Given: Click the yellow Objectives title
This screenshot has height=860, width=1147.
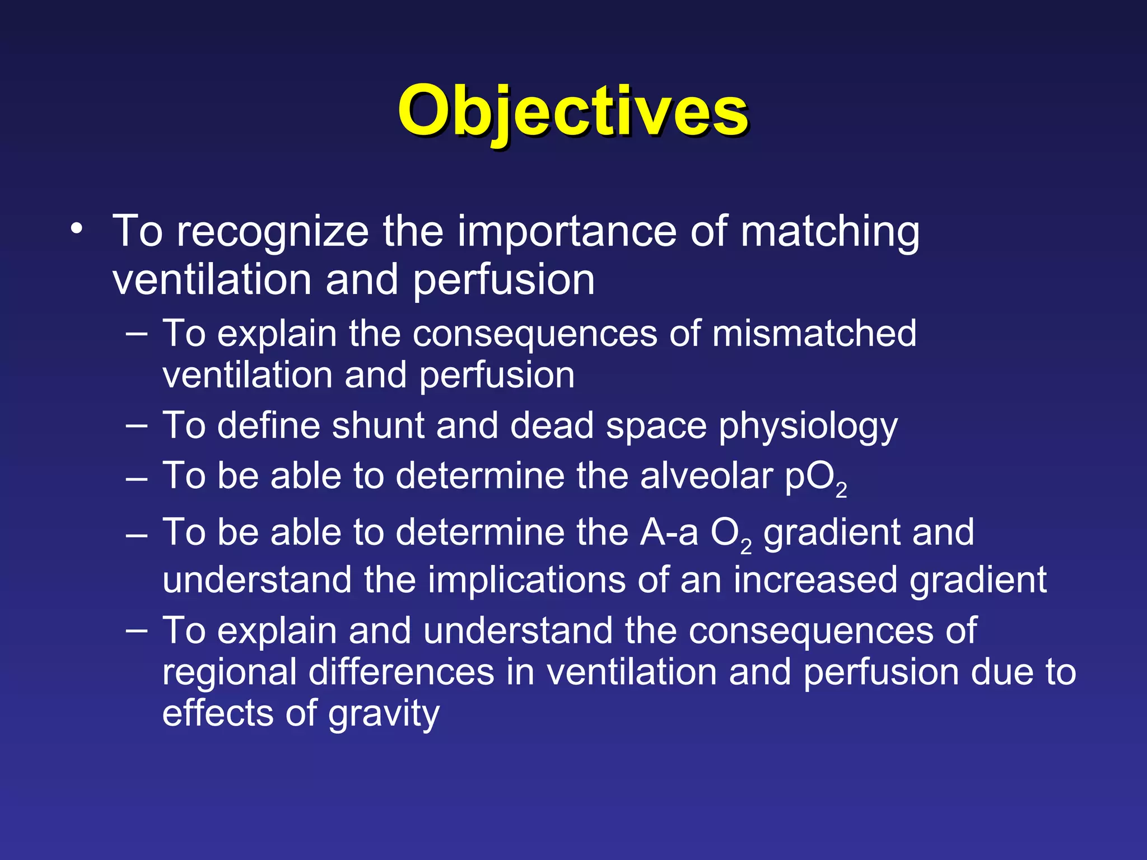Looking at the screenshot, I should point(572,112).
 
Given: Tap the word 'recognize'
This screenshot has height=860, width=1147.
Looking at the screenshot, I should point(273,232).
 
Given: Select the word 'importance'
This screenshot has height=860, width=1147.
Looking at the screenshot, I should point(567,232).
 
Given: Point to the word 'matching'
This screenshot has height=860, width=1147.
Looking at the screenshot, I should point(830,232).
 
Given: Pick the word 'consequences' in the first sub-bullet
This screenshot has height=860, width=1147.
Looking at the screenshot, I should point(535,335).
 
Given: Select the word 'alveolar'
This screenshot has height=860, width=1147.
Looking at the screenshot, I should point(706,476).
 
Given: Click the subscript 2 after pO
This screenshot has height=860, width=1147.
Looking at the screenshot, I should point(841,490).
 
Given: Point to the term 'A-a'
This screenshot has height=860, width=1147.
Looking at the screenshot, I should point(669,532).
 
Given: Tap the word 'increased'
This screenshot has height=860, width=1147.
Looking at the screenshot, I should point(815,580).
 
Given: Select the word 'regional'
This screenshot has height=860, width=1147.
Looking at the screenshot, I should point(230,674).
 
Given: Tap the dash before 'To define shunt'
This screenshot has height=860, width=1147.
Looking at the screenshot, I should point(137,426).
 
